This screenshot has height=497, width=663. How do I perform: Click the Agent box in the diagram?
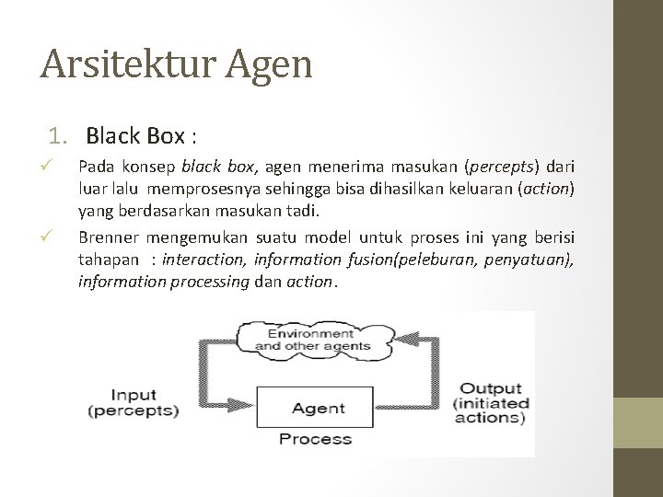point(318,407)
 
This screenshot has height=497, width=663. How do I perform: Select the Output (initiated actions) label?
point(490,402)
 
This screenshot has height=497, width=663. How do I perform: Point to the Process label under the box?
point(315,439)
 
